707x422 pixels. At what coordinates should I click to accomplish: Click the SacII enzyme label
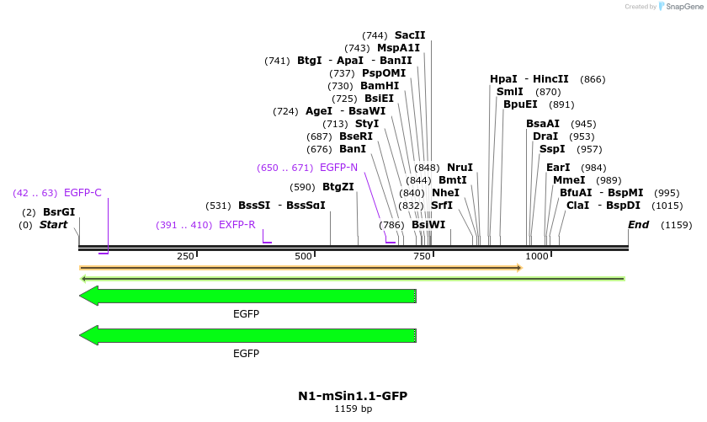410,35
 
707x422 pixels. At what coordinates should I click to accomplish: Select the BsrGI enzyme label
59,212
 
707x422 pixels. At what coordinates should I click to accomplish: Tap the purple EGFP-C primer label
82,193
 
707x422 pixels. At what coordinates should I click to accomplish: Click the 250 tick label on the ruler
185,256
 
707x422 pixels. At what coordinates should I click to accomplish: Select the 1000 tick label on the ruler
537,256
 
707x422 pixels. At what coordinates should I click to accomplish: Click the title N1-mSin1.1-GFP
353,396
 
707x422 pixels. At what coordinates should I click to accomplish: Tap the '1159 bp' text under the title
353,409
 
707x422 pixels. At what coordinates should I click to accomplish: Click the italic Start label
53,225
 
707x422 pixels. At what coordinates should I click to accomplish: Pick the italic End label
639,225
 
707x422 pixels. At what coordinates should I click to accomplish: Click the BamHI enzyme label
380,86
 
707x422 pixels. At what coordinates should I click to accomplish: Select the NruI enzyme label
460,168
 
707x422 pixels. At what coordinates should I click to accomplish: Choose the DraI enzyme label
545,136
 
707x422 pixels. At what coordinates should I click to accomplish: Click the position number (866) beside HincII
593,79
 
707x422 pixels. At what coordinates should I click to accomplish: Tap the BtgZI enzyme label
338,187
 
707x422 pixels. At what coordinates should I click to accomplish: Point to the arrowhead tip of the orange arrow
522,268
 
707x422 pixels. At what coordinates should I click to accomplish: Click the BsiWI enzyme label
428,225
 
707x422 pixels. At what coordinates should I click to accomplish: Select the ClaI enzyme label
578,206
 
